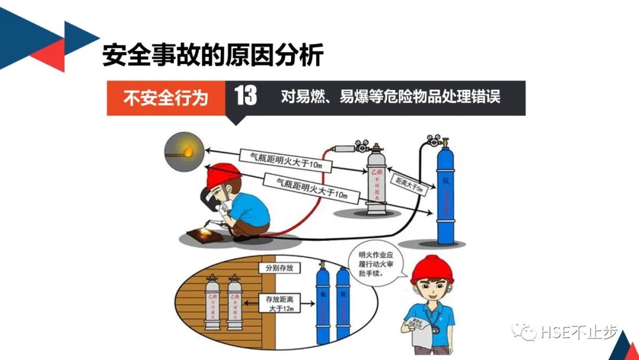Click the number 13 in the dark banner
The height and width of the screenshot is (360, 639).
coord(246,96)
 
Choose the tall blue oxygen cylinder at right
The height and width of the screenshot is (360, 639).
coord(445,195)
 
